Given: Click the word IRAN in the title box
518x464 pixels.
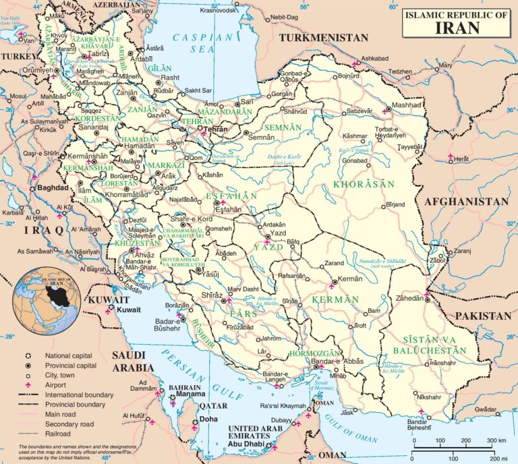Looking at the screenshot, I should (458, 28).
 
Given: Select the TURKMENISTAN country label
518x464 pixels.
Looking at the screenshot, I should (325, 38).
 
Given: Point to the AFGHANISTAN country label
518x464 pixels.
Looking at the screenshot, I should (465, 202).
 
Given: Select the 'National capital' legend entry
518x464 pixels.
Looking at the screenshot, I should (68, 355).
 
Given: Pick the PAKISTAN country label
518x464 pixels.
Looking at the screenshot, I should (482, 316).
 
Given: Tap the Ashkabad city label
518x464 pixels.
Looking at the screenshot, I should (374, 59).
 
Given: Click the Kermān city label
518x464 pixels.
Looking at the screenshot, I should (350, 279).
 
